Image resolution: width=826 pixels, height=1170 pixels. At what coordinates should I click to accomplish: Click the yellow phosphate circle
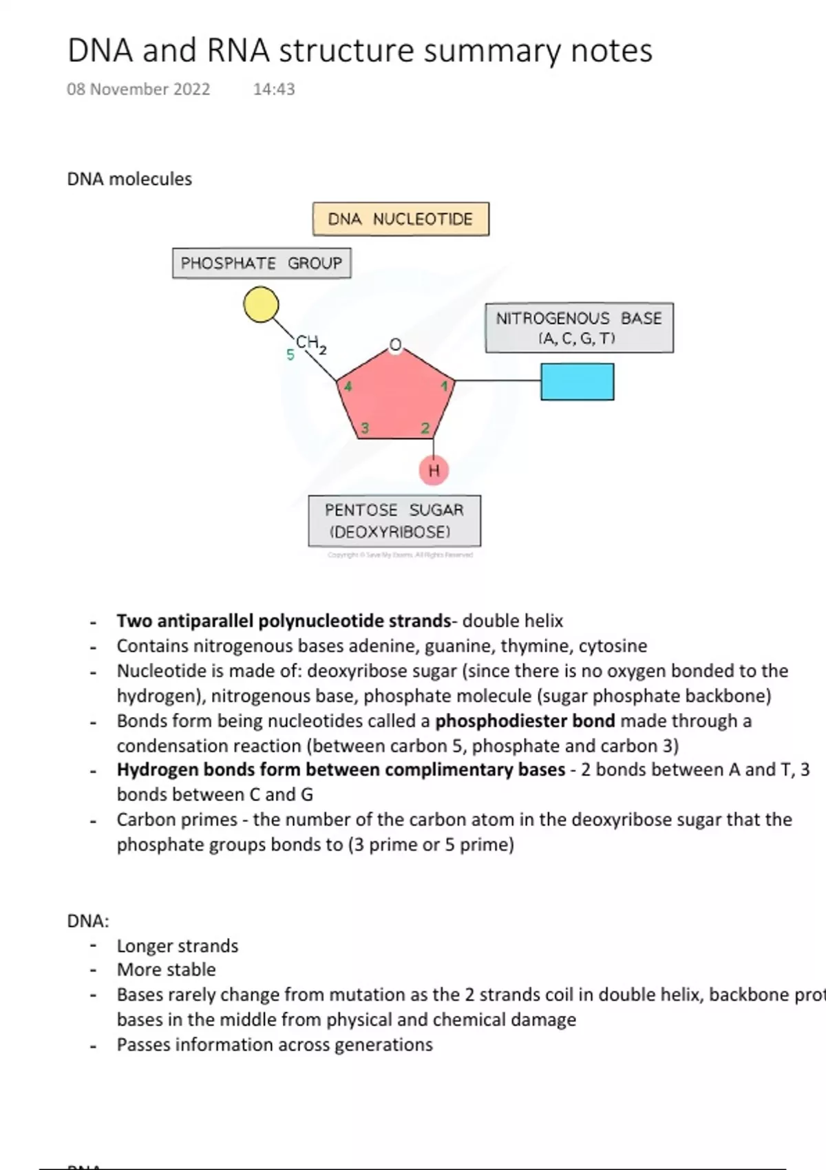pos(262,305)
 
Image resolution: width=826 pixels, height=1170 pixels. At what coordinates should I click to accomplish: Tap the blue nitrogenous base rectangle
pos(577,382)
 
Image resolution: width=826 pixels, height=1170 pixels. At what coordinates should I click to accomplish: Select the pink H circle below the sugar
pos(434,471)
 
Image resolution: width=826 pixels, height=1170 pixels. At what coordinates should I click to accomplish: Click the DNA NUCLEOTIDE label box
pos(401,220)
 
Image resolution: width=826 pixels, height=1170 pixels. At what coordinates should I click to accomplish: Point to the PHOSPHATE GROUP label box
pos(262,263)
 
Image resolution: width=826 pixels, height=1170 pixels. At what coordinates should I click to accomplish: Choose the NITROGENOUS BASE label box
pos(579,328)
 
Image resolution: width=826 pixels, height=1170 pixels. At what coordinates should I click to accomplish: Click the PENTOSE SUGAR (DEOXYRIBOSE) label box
pos(394,521)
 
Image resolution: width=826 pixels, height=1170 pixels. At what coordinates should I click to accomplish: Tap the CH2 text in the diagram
pos(310,343)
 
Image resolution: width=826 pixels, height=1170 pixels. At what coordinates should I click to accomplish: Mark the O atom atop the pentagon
pos(395,344)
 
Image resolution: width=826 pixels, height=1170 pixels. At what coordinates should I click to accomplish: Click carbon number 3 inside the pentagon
pos(365,428)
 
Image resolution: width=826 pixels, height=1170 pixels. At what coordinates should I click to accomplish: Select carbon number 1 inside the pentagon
pos(444,386)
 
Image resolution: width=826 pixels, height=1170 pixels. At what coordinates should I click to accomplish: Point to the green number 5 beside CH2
pos(290,355)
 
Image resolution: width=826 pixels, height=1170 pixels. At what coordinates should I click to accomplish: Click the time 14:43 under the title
pos(274,89)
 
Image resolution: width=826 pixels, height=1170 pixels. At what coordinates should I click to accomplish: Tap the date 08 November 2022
pos(138,89)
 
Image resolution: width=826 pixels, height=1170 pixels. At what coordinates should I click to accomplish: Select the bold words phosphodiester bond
pos(525,721)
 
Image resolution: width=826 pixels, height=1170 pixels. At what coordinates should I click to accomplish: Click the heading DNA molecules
pos(129,179)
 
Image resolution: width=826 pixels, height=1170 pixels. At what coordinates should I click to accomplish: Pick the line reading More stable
pos(167,970)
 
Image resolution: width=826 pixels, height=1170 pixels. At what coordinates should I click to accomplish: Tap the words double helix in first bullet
pos(513,621)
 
